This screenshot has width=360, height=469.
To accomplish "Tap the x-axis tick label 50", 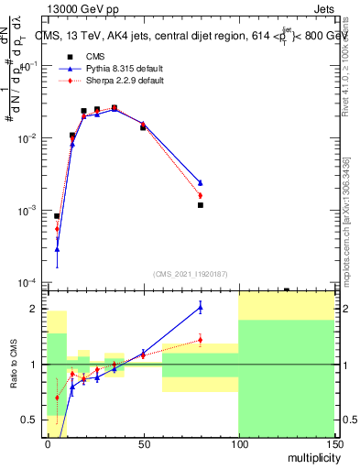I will pos(143,442).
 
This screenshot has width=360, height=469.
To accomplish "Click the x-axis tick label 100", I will pos(238,442).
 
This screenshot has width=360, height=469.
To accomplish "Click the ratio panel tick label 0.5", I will pos(31,420).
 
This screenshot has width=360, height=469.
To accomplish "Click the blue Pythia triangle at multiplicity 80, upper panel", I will pos(200,182).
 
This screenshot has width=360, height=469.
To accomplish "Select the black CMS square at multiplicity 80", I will pos(200,205).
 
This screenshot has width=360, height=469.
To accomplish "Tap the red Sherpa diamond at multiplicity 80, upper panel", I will pos(200,195).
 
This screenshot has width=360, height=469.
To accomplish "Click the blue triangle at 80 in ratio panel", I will pos(200,307).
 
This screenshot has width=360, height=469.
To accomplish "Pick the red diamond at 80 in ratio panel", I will pos(200,340).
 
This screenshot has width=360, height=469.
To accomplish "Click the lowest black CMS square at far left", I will pos(57,216).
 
